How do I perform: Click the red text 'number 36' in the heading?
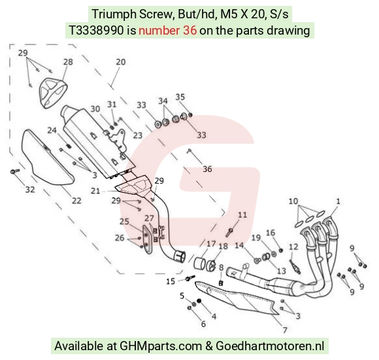167,31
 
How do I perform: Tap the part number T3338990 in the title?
97,31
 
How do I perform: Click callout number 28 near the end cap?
68,62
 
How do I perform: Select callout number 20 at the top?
121,62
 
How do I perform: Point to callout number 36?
207,169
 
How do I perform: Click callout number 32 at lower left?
30,189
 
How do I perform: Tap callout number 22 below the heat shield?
76,201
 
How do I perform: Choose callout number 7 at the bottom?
285,330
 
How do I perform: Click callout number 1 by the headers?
338,201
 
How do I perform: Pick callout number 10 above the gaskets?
293,201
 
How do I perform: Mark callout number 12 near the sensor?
293,247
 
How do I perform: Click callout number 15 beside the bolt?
171,281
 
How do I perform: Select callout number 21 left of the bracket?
95,191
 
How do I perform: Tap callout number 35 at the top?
180,97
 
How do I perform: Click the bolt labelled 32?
15,172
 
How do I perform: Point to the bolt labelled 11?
229,232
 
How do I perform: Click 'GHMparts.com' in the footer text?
161,346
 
